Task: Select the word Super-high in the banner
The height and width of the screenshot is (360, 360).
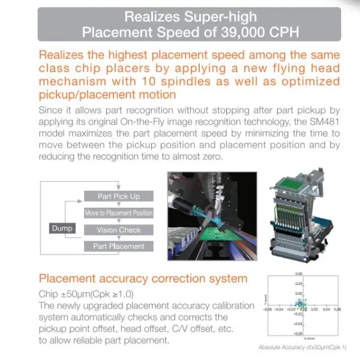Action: coord(219,16)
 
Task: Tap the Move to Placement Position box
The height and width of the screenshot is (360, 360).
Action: coord(118,213)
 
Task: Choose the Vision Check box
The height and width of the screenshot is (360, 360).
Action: coord(118,230)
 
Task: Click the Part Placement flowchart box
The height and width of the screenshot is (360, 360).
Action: coord(118,246)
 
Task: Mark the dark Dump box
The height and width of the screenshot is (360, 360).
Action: coord(62,228)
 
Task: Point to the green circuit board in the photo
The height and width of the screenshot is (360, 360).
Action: coord(208,236)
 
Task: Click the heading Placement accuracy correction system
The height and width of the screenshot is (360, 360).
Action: coord(143,278)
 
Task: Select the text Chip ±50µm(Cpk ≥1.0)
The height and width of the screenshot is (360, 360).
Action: coord(86,294)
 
